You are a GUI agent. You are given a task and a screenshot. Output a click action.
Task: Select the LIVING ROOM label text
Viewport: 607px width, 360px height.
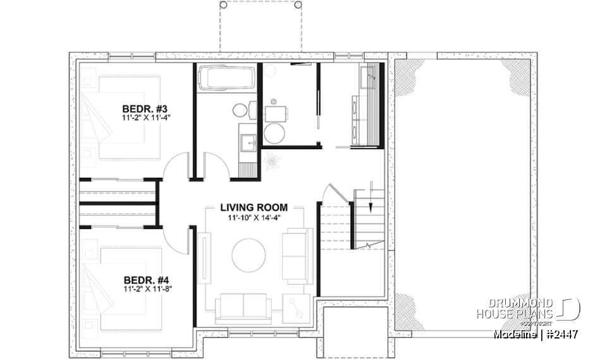point(254,207)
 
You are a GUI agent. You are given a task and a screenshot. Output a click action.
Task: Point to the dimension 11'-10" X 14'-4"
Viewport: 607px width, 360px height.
point(254,217)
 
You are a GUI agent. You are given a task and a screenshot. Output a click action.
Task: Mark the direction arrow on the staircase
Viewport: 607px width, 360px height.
point(371,189)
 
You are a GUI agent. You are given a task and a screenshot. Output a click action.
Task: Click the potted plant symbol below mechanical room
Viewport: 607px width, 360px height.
point(273,161)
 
